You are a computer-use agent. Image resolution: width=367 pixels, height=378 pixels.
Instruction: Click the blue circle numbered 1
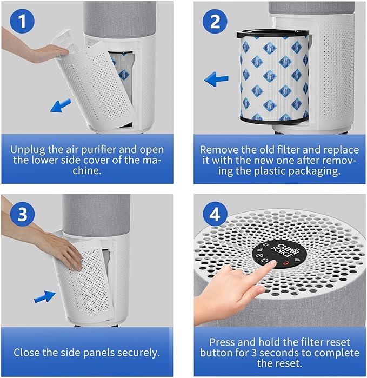click(x=21, y=22)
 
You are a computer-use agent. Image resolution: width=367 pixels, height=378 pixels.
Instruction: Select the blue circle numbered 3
click(x=21, y=215)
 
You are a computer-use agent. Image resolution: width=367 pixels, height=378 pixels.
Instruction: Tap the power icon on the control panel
click(x=265, y=261)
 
